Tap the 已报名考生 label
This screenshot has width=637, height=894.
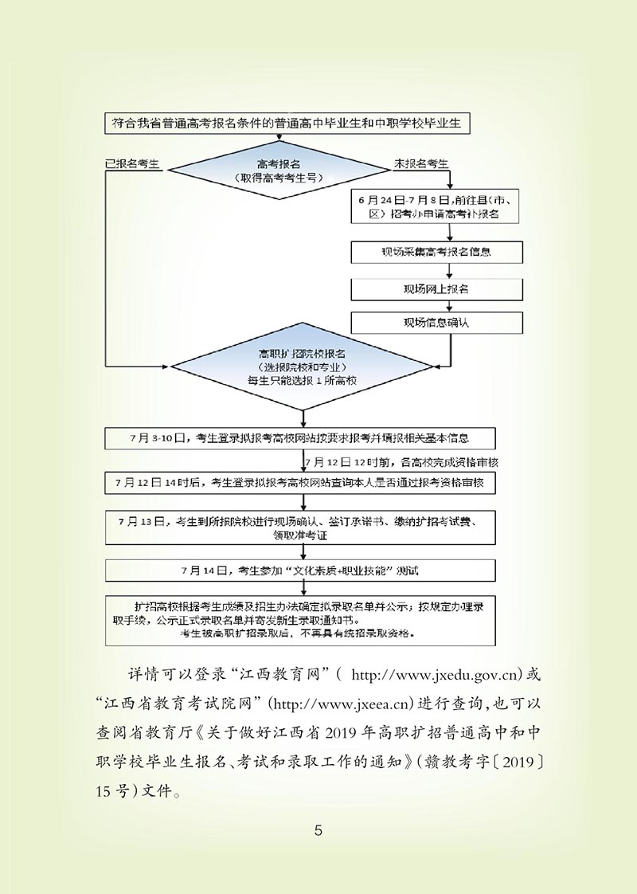133,163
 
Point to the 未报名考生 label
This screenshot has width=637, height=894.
421,163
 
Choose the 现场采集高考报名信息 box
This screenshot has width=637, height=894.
436,252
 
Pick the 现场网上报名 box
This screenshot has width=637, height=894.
436,288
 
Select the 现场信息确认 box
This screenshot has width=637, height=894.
436,323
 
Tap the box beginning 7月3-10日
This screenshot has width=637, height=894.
300,438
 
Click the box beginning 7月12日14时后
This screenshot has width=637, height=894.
300,483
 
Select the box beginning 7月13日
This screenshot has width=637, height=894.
300,527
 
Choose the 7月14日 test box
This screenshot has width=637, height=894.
300,571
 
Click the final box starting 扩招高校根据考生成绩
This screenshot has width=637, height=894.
300,619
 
